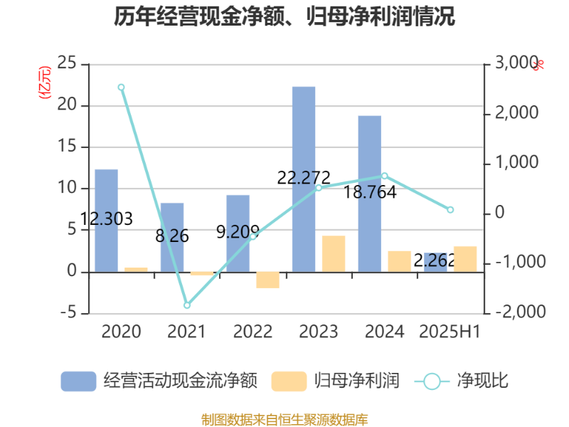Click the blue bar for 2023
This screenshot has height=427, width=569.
(304, 179)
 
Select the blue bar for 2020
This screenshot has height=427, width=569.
(106, 220)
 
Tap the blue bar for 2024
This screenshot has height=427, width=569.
(369, 193)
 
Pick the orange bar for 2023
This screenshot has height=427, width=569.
(334, 253)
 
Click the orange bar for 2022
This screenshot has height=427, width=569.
(267, 280)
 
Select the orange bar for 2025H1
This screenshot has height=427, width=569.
(465, 258)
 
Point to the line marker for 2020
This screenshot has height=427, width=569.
(122, 87)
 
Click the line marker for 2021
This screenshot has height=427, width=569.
(187, 305)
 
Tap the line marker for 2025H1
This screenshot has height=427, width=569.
(450, 210)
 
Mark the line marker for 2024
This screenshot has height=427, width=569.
(385, 175)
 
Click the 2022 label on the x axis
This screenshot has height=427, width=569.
(252, 332)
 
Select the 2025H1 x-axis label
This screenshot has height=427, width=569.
(450, 332)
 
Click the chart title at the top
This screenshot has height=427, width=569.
(284, 16)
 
